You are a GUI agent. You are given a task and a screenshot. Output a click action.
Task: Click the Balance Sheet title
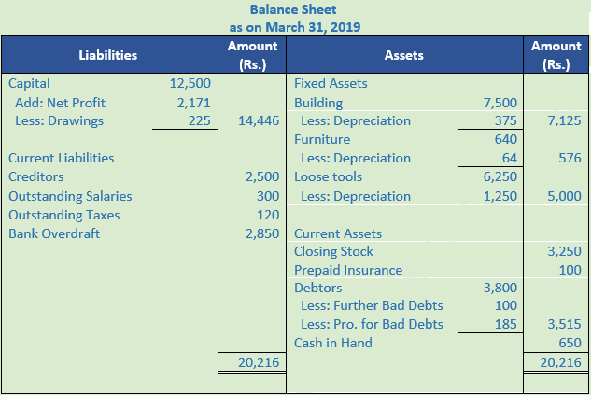[x=295, y=9]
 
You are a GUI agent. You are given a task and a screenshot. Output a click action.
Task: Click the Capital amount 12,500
[x=191, y=83]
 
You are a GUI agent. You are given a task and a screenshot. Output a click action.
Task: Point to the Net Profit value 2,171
[x=193, y=102]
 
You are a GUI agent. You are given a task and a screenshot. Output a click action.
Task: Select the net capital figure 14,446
[x=259, y=120]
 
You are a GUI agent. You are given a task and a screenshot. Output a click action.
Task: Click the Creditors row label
[x=36, y=176]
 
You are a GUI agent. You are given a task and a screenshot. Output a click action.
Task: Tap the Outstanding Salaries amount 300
[x=268, y=196]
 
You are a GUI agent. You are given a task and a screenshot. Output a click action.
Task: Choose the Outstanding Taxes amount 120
[x=268, y=215]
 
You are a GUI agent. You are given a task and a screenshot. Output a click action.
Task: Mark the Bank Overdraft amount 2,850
[x=262, y=233]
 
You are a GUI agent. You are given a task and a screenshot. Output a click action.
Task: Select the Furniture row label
[x=322, y=139]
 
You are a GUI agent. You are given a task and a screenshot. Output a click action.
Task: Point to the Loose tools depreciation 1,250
[x=500, y=196]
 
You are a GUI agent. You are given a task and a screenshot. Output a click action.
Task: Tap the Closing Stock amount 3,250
[x=563, y=251]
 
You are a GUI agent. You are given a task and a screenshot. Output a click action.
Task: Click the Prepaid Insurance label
[x=348, y=270]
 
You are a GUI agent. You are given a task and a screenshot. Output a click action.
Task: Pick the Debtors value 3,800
[x=500, y=288]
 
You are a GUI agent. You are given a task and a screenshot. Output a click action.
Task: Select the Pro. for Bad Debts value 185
[x=506, y=325]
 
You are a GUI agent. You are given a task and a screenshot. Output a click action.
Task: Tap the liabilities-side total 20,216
[x=258, y=362]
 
